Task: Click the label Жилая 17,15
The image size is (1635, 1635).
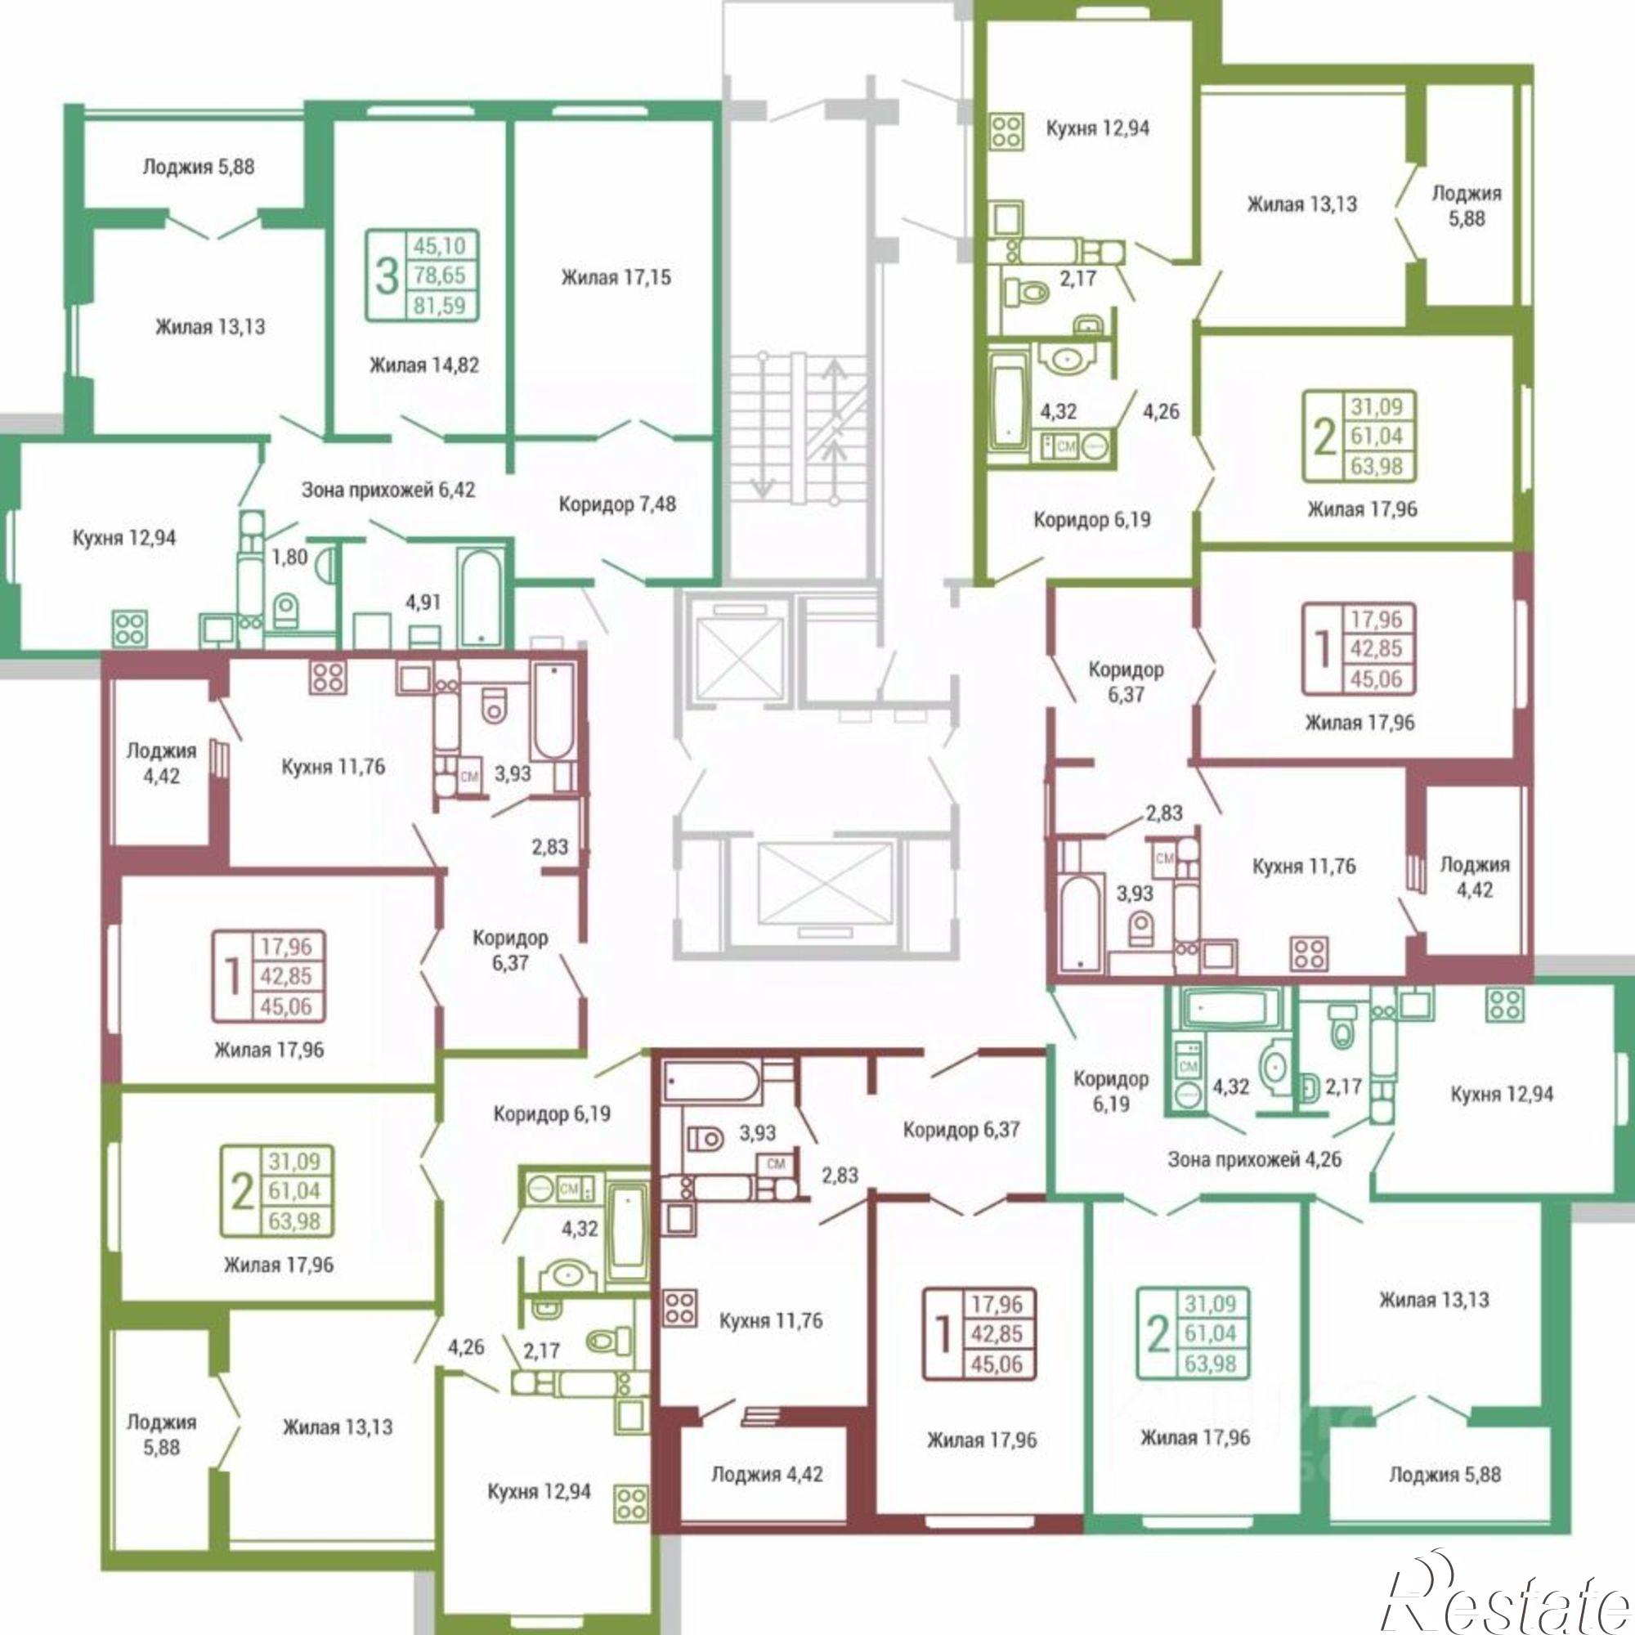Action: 616,278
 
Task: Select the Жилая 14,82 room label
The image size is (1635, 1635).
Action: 424,365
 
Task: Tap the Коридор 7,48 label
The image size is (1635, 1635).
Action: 618,504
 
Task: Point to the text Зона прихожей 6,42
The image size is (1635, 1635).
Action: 388,489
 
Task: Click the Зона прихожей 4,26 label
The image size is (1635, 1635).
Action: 1255,1159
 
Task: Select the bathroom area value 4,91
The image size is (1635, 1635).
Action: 424,602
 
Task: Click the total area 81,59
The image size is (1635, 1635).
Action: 440,305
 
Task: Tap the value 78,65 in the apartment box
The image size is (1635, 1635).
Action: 440,275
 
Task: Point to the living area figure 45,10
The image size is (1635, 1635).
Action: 440,246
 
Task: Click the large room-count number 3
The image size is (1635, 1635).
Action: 387,275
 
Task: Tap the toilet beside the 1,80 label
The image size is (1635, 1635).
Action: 287,609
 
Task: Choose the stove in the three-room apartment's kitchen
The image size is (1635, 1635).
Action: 130,629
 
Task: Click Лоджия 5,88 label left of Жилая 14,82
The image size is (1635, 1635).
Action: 198,167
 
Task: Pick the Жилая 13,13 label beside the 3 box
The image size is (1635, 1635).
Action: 210,326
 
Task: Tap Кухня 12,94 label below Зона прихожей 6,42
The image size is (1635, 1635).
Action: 124,537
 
